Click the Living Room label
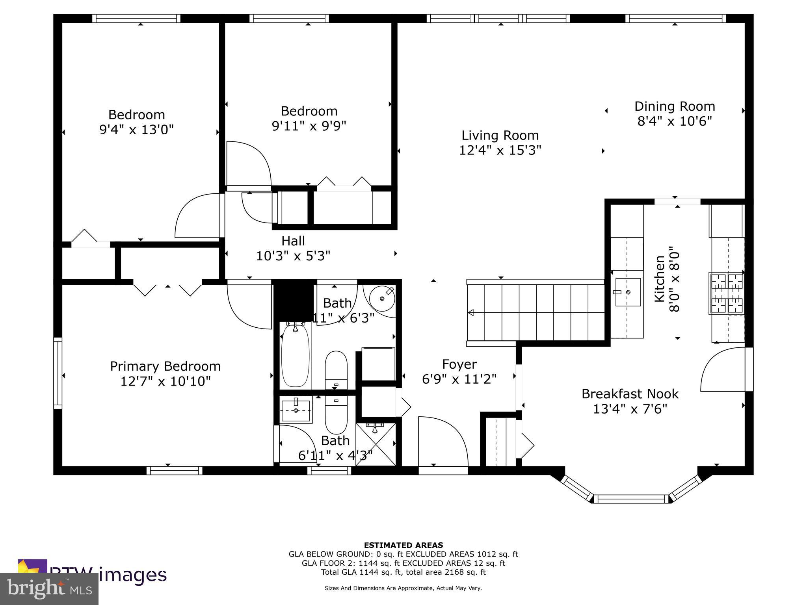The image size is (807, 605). (500, 135)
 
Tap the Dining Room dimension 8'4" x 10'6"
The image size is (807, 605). (675, 121)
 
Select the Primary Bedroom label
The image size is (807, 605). (165, 366)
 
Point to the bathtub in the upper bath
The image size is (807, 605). (295, 355)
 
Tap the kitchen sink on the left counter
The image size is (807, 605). (628, 292)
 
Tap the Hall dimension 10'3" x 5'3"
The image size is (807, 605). (293, 256)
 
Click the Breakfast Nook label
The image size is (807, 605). (630, 394)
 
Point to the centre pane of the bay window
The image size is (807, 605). (631, 499)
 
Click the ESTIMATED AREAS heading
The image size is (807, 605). (403, 545)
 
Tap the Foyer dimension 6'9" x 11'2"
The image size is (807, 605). (459, 379)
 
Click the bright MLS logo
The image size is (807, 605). (49, 588)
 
